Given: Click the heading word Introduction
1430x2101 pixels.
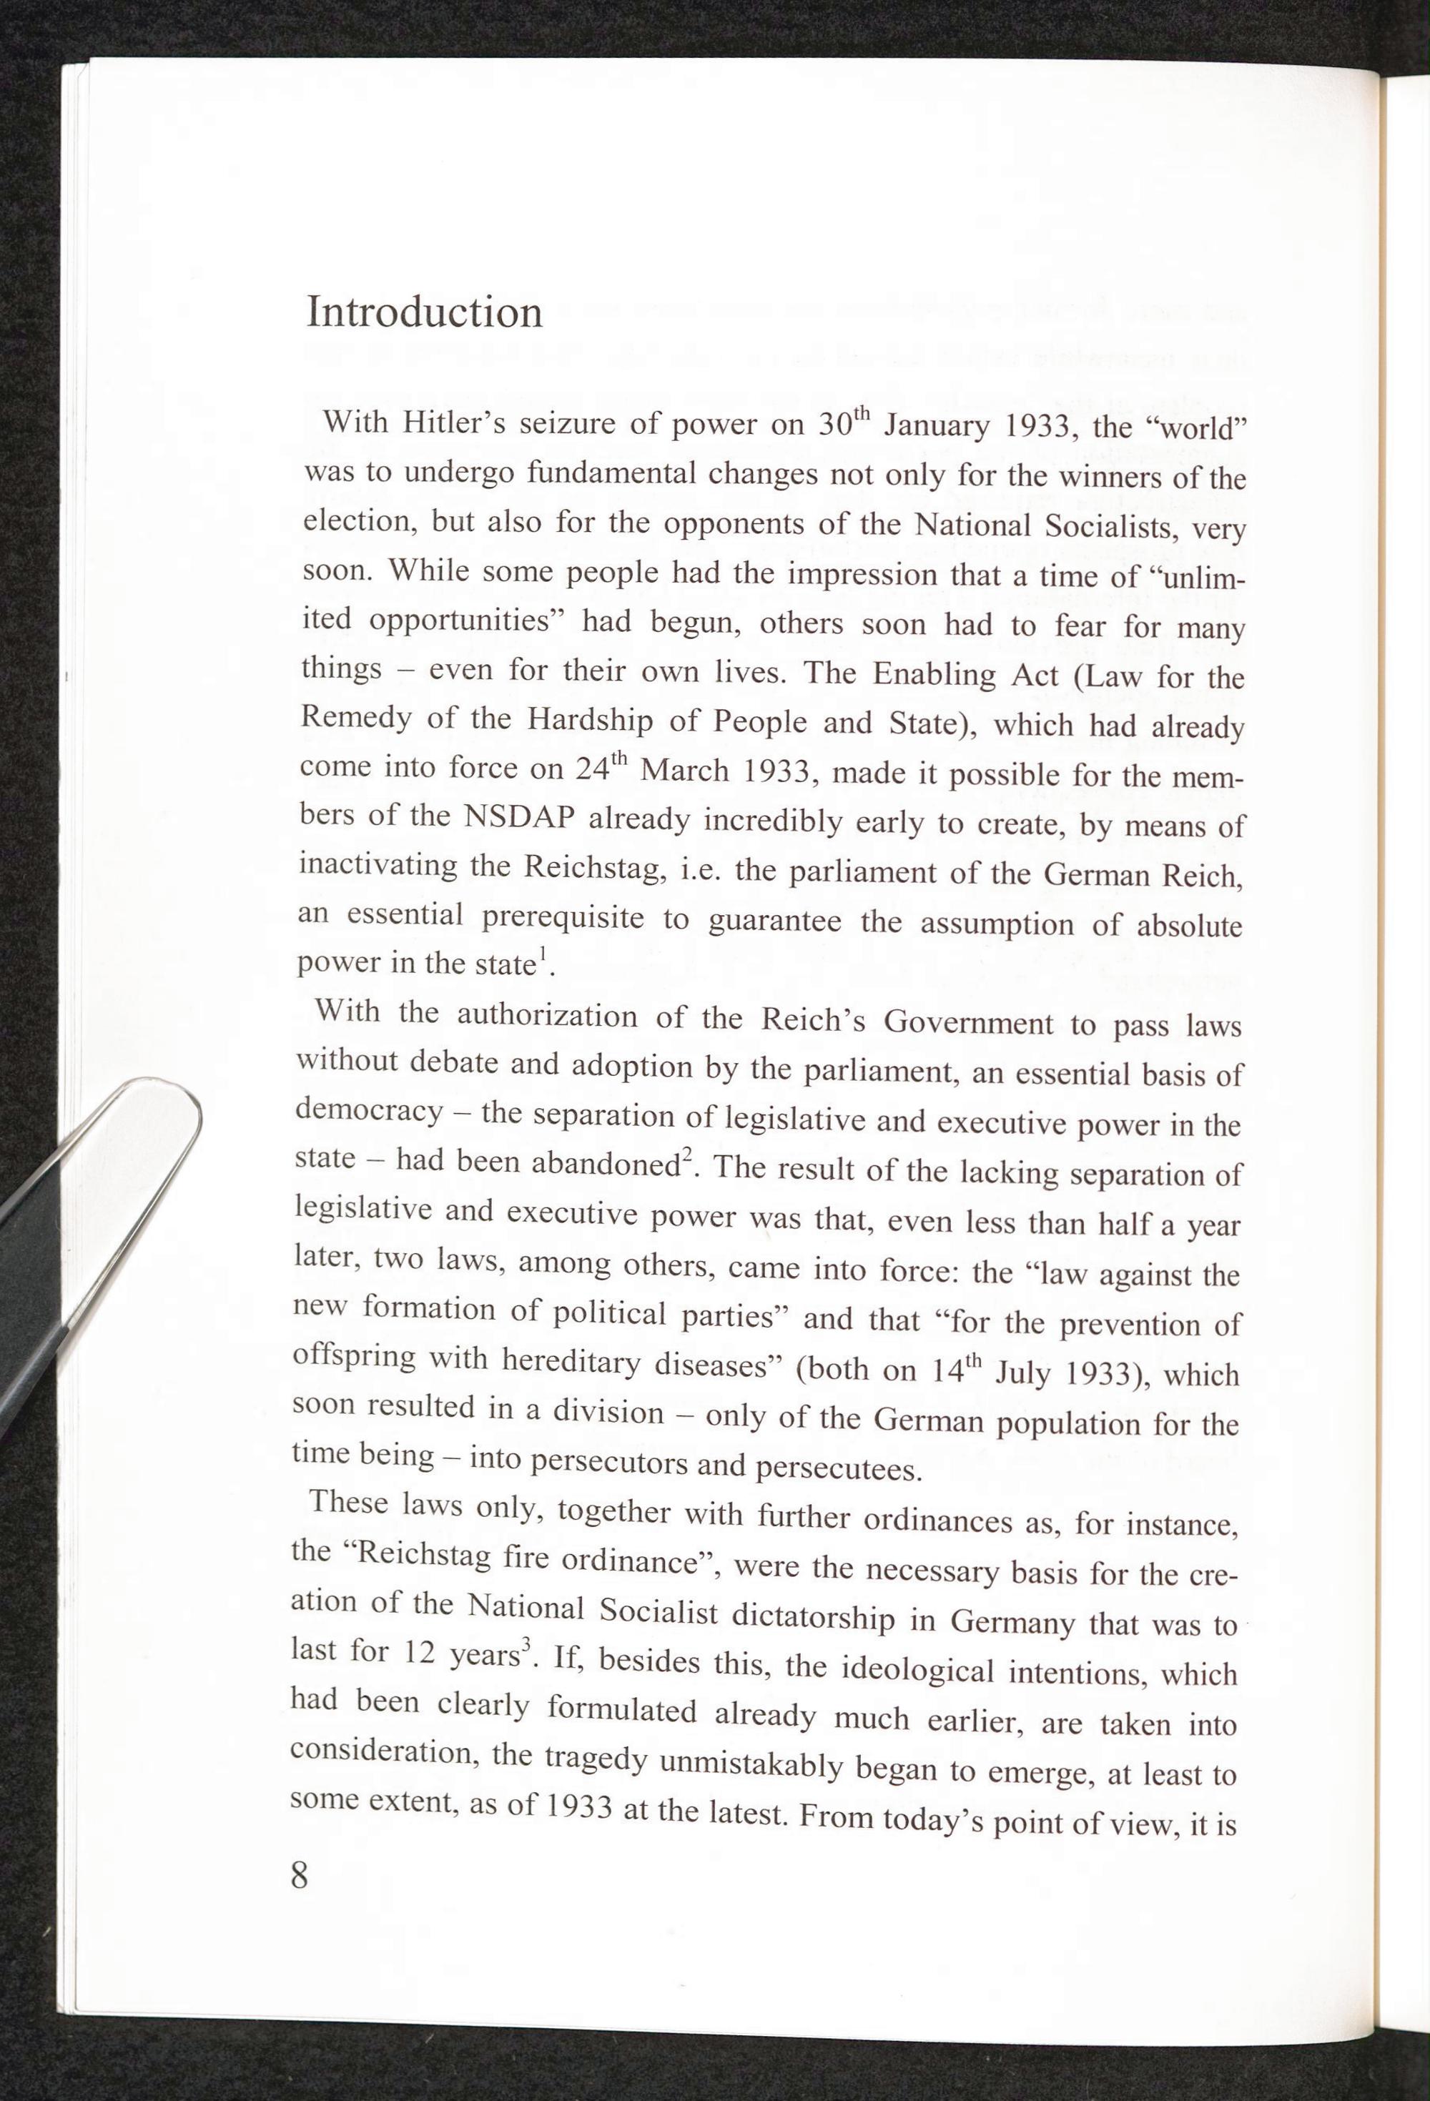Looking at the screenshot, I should point(424,313).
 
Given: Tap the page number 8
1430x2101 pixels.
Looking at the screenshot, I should point(300,1876).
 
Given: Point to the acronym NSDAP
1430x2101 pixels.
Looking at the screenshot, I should point(519,816).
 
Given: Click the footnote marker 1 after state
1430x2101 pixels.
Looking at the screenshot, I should point(543,954).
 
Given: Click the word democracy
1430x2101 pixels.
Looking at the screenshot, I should point(369,1111).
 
